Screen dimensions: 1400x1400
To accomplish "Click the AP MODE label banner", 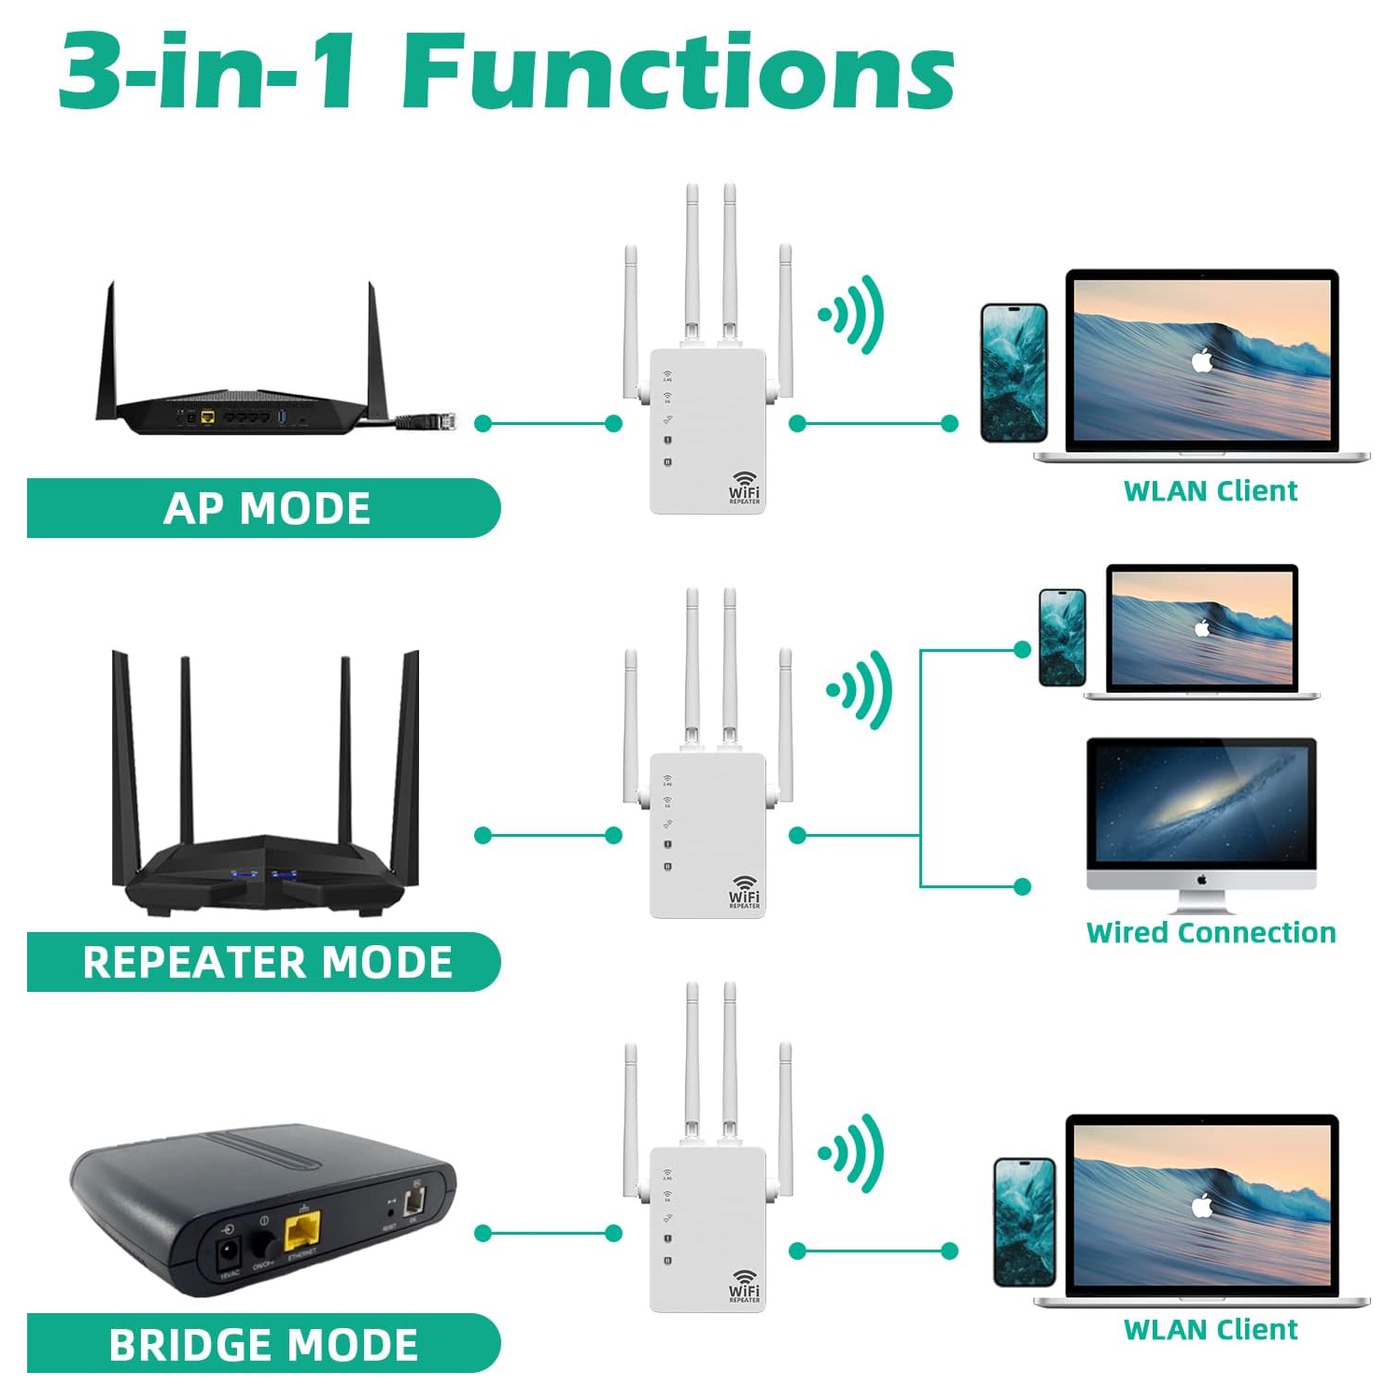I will click(265, 508).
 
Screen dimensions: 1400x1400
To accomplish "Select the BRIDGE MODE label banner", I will click(263, 1344).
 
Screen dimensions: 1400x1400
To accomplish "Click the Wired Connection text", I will click(1211, 932).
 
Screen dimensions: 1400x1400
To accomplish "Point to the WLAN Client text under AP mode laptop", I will click(1210, 490).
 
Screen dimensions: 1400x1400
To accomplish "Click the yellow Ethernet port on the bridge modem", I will click(302, 1230).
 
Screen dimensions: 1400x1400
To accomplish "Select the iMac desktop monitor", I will click(1201, 813).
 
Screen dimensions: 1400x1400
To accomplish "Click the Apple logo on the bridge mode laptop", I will click(1202, 1205).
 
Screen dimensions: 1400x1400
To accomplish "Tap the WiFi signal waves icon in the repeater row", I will click(861, 690).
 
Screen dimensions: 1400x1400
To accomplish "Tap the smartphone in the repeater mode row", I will click(1062, 637).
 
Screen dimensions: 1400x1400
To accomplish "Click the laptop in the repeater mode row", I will click(1202, 630).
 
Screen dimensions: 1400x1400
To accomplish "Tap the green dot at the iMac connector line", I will click(1022, 885).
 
